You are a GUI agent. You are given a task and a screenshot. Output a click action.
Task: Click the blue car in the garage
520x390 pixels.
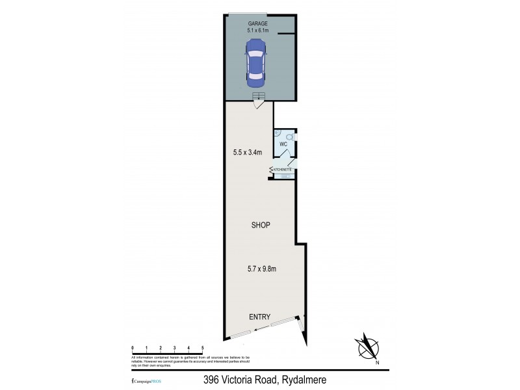pyautogui.click(x=255, y=62)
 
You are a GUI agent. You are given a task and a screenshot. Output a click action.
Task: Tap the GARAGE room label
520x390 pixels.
pyautogui.click(x=257, y=23)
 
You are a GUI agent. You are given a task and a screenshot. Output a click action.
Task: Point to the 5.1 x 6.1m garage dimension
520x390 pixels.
pyautogui.click(x=257, y=31)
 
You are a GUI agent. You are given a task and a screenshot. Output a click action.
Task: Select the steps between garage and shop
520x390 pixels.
pyautogui.click(x=259, y=98)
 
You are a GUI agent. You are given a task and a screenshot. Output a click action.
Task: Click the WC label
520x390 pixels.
pyautogui.click(x=283, y=144)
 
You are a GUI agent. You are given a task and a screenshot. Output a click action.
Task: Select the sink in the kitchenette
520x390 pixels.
pyautogui.click(x=285, y=175)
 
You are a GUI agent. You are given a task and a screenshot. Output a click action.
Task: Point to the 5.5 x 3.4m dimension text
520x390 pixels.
pyautogui.click(x=247, y=153)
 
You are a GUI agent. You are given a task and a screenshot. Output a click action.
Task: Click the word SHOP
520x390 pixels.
pyautogui.click(x=261, y=225)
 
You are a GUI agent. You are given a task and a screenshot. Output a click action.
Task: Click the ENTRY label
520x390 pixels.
pyautogui.click(x=260, y=317)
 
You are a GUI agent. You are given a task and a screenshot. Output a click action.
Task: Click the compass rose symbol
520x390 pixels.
pyautogui.click(x=367, y=346)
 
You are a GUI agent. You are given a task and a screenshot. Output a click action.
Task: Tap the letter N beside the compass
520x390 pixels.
pyautogui.click(x=376, y=363)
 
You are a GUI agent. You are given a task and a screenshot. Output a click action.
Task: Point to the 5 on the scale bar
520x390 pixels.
pyautogui.click(x=203, y=348)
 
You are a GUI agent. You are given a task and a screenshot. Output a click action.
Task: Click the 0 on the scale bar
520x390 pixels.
pyautogui.click(x=132, y=348)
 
